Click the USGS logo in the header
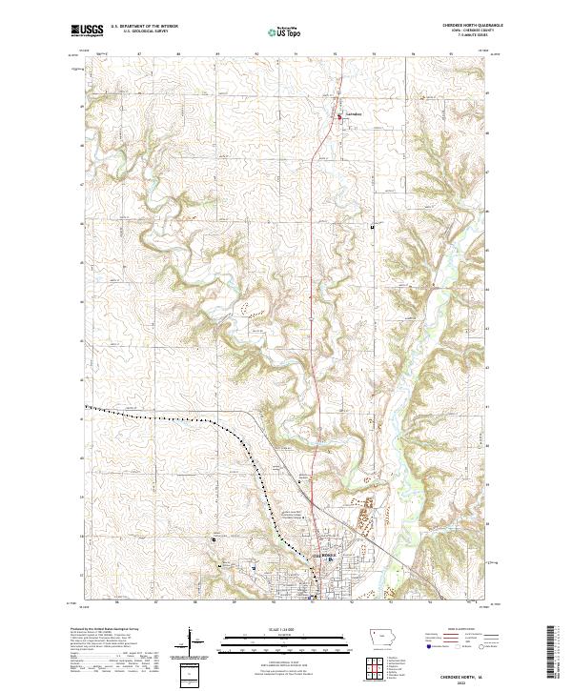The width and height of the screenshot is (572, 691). coord(87,30)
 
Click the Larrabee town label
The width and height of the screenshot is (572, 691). coord(357,117)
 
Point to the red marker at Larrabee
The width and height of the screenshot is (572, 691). coord(342,117)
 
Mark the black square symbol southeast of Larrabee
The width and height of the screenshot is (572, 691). coord(373,227)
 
